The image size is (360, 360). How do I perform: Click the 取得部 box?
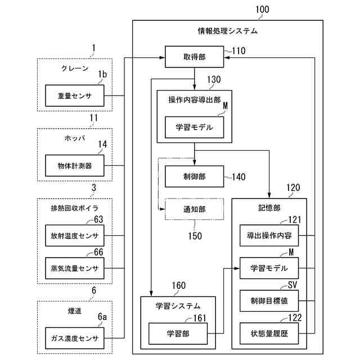(195, 58)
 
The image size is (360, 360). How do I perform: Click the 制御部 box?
(195, 177)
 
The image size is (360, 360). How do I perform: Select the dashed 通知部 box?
(195, 209)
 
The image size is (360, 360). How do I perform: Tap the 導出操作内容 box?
(269, 235)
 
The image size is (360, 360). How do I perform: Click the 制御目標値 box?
(269, 301)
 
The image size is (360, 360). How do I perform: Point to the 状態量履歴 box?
(269, 334)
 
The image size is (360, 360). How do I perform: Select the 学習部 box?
(178, 334)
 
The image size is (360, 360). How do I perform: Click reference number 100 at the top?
(262, 10)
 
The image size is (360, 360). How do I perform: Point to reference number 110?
(238, 51)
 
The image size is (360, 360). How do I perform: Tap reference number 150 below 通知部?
(195, 236)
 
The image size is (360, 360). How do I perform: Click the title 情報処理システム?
(227, 31)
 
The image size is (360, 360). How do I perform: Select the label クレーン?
(75, 69)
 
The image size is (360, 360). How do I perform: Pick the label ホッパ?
(74, 138)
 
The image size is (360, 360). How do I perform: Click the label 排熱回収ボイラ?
(74, 208)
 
